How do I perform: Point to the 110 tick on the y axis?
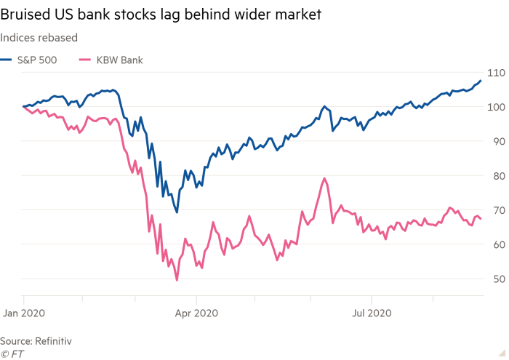click(495, 73)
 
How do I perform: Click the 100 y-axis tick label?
click(495, 107)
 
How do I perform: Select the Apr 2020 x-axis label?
click(196, 313)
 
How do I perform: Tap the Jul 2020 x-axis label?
click(372, 313)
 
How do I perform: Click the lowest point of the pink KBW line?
click(177, 279)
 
